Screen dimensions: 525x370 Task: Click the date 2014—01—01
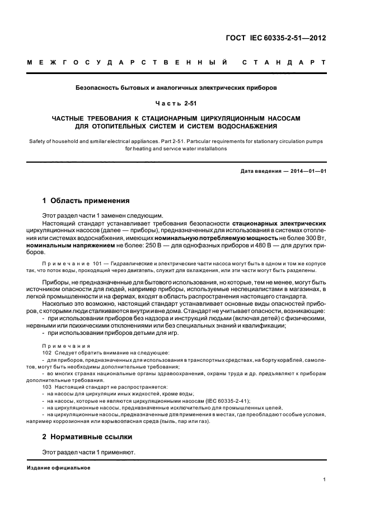[303, 171]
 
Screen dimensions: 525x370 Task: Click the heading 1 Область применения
[86, 200]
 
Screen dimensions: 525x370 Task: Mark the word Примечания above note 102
[62, 346]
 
